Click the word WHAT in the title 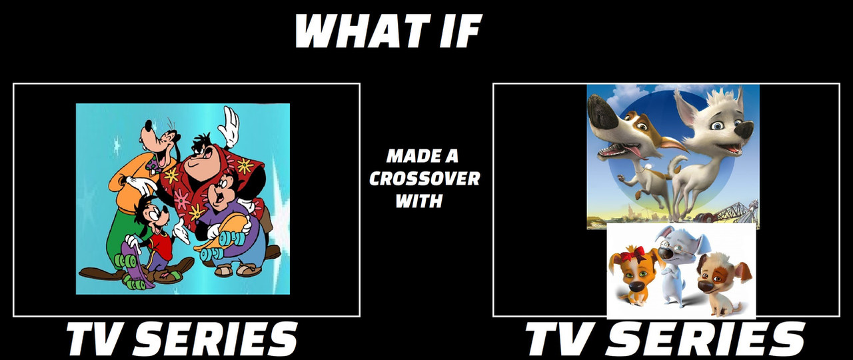click(x=356, y=31)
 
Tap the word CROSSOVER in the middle click(x=425, y=179)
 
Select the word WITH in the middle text click(x=419, y=201)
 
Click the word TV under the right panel click(x=560, y=339)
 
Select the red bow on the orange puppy click(x=632, y=254)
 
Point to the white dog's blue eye click(x=717, y=125)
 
